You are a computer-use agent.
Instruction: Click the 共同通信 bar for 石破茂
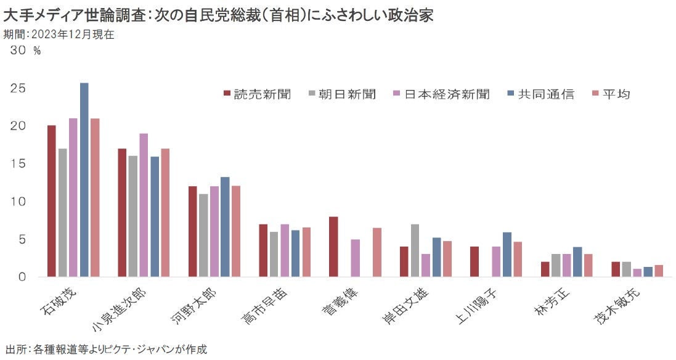pos(84,180)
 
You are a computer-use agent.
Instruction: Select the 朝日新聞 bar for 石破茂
pos(62,213)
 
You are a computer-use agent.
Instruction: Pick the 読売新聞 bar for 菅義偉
pos(333,247)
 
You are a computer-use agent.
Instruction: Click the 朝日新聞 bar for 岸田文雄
pos(415,250)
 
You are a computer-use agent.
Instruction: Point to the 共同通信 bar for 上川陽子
pos(507,255)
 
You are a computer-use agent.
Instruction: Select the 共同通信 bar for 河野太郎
pos(225,227)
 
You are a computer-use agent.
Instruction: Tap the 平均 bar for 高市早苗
pos(306,252)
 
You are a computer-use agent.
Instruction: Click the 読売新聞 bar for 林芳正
pos(545,269)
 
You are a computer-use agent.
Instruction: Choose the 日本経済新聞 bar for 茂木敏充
pos(637,273)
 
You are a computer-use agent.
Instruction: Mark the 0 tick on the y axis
pos(23,277)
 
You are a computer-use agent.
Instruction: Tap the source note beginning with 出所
pos(105,350)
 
